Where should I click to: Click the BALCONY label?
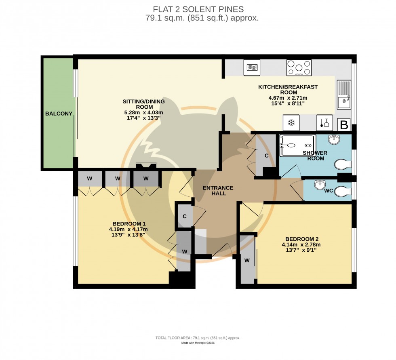59,114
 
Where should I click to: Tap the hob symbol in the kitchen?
299,67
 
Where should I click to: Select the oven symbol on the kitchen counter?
252,67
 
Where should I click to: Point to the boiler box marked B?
344,125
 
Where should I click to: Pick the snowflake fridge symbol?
290,123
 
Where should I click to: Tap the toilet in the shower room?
343,165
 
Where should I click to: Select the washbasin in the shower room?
335,140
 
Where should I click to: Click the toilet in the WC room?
343,190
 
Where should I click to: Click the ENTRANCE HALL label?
218,190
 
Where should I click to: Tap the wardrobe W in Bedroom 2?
247,261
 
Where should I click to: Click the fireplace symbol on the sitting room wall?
145,166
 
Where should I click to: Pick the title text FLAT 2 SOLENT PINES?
198,9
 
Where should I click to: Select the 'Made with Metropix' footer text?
198,343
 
